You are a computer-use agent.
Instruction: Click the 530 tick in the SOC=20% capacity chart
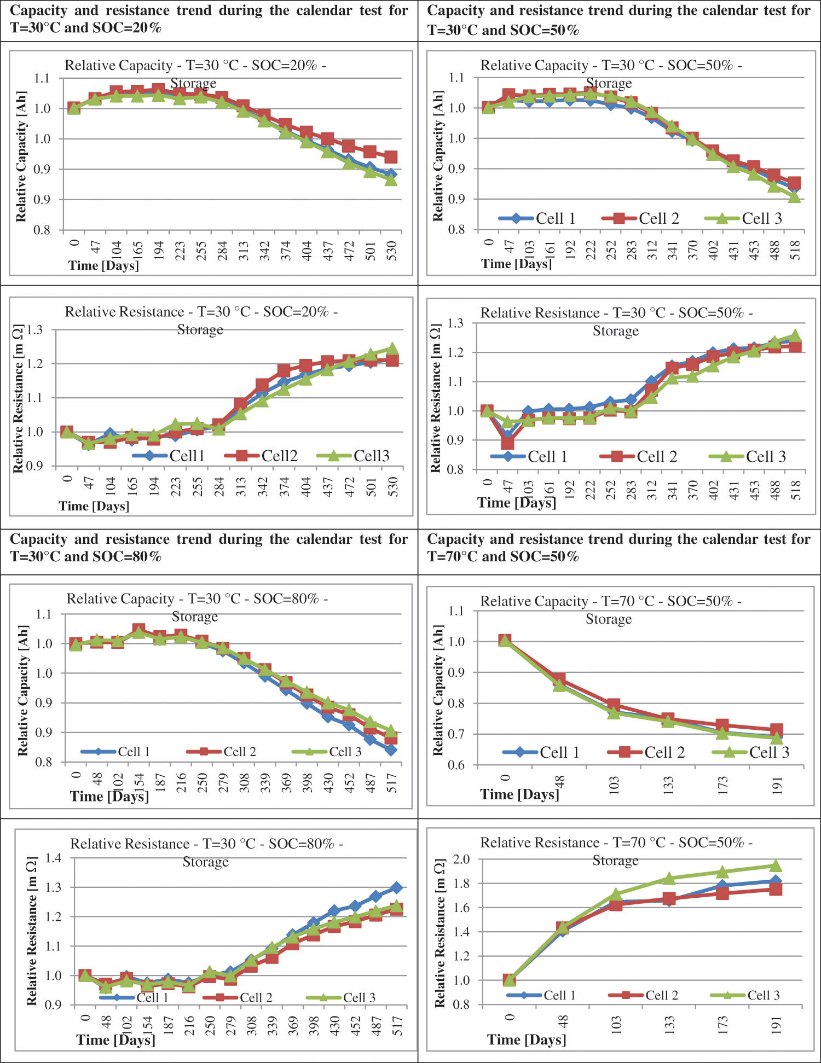click(x=392, y=251)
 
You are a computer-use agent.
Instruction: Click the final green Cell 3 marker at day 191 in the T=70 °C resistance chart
click(x=775, y=866)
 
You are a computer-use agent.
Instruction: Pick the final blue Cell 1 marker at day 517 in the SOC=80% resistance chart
click(x=396, y=887)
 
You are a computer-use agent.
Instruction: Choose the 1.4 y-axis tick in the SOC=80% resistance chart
click(x=53, y=858)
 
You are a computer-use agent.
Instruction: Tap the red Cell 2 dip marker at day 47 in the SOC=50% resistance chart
click(x=507, y=443)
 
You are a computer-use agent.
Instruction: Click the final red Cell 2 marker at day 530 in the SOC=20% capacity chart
click(x=391, y=157)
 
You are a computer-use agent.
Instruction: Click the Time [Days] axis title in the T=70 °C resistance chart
click(x=527, y=1039)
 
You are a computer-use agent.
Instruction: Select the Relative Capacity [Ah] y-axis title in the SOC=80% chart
click(x=22, y=690)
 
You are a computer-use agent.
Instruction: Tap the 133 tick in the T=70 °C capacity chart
click(x=668, y=785)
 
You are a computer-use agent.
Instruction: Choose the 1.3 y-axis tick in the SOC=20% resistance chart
click(x=35, y=330)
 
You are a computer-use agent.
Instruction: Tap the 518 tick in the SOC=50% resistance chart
click(x=796, y=489)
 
